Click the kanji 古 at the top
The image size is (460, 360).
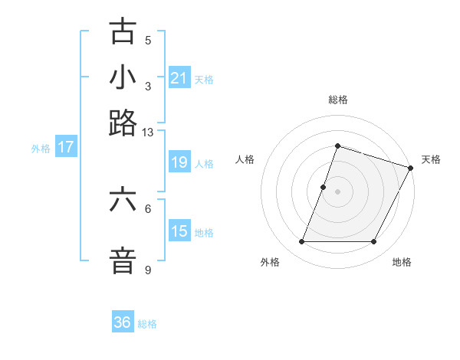(x=123, y=33)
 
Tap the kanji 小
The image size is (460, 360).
(x=123, y=77)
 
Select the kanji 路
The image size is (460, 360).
(x=123, y=122)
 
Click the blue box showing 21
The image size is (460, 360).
(x=179, y=78)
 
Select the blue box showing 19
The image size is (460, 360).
(x=179, y=162)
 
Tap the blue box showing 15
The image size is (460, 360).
(x=179, y=231)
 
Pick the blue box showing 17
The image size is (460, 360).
(x=65, y=148)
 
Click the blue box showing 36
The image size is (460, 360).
(x=123, y=322)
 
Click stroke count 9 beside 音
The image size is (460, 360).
(x=147, y=270)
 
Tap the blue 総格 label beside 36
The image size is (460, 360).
(x=147, y=324)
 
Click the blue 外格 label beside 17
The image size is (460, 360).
(x=41, y=149)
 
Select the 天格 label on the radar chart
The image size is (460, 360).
(x=431, y=159)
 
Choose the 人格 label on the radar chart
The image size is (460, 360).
(x=245, y=159)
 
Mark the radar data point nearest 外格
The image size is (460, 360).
(x=301, y=242)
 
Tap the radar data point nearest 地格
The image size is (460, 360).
(x=373, y=242)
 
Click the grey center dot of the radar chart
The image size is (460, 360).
(x=337, y=191)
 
